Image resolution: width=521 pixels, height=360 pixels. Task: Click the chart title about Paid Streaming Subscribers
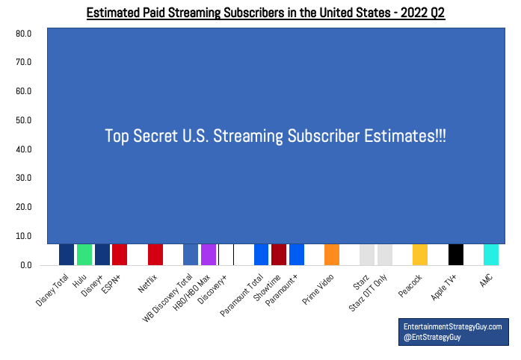pos(265,13)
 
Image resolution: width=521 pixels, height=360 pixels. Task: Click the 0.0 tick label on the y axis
pos(25,265)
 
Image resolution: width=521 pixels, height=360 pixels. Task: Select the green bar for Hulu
pos(84,255)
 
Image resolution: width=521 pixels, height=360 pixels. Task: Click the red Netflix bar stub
pos(155,255)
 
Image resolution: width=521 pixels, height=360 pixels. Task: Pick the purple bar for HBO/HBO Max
pos(209,255)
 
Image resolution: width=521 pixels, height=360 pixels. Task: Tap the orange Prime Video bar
pos(332,255)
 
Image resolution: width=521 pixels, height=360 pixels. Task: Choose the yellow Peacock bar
pos(420,255)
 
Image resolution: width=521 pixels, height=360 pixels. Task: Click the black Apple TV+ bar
pos(456,255)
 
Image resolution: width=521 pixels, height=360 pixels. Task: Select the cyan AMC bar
pos(491,255)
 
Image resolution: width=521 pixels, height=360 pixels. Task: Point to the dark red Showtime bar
pos(279,255)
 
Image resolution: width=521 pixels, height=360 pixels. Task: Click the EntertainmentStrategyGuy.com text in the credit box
pos(452,326)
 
